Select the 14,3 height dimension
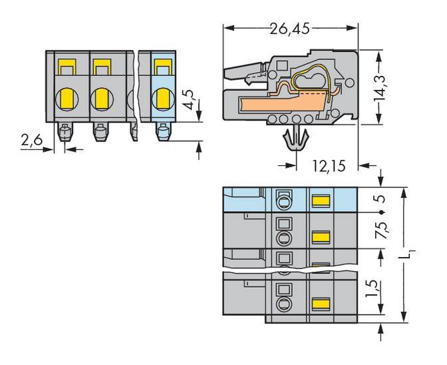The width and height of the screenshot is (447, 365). [381, 86]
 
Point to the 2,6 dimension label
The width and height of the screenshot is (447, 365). [31, 141]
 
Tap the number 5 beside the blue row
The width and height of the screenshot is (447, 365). [381, 198]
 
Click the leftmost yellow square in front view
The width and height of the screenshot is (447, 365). [65, 67]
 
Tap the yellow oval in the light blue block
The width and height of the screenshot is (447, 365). [161, 100]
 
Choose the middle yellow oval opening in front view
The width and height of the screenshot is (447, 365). [101, 100]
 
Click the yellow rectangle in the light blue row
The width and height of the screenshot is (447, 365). [321, 199]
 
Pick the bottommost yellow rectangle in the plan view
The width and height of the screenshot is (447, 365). [321, 301]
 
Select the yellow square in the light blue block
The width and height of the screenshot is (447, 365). [161, 67]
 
